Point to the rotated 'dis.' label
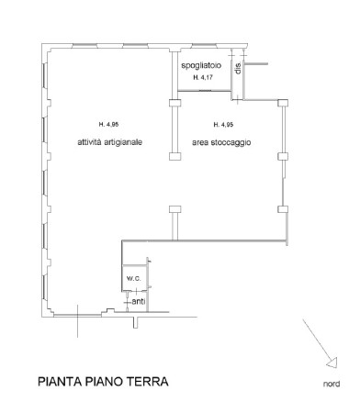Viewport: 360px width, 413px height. point(236,70)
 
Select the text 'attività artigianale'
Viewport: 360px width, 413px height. point(108,141)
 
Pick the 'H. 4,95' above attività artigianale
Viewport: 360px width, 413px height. point(108,124)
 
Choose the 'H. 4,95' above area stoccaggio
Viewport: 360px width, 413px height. point(222,124)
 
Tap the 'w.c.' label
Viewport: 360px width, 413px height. point(132,278)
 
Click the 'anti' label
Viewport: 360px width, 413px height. point(138,301)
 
